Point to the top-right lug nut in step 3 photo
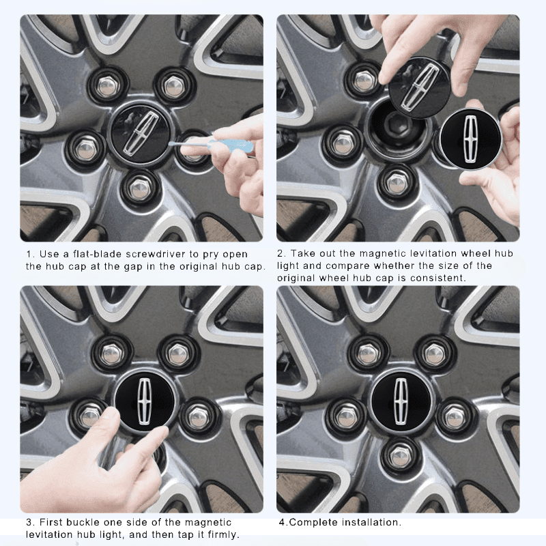[x=179, y=354]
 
